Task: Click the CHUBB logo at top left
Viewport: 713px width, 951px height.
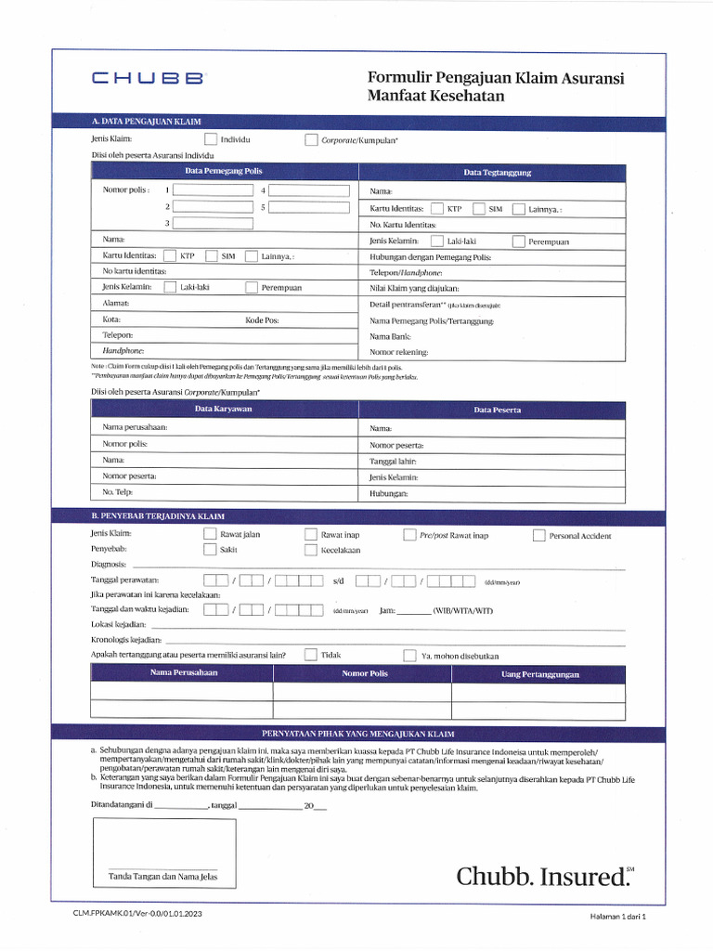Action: coord(148,80)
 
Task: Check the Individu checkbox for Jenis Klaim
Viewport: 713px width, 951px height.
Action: coord(211,140)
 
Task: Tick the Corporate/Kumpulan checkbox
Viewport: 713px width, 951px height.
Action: coord(311,140)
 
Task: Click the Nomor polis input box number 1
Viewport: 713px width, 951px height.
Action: coord(213,190)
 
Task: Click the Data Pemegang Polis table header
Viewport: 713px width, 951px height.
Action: coord(224,172)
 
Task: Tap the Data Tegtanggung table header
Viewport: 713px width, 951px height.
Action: coord(498,173)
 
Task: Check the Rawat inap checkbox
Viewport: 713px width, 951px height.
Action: coord(311,535)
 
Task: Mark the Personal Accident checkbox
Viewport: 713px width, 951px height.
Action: coord(539,535)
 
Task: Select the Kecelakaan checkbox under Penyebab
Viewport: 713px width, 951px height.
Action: coord(311,550)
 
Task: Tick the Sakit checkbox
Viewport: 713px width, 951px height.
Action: coord(210,550)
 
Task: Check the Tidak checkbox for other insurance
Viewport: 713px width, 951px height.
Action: coord(311,655)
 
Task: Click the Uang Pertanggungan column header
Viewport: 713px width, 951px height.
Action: coord(540,674)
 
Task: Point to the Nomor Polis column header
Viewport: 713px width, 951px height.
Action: coord(364,673)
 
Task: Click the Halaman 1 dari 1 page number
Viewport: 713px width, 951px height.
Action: coord(616,916)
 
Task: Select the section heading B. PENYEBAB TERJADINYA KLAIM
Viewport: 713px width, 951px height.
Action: coord(158,515)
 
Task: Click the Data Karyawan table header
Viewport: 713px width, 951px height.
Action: coord(224,409)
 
